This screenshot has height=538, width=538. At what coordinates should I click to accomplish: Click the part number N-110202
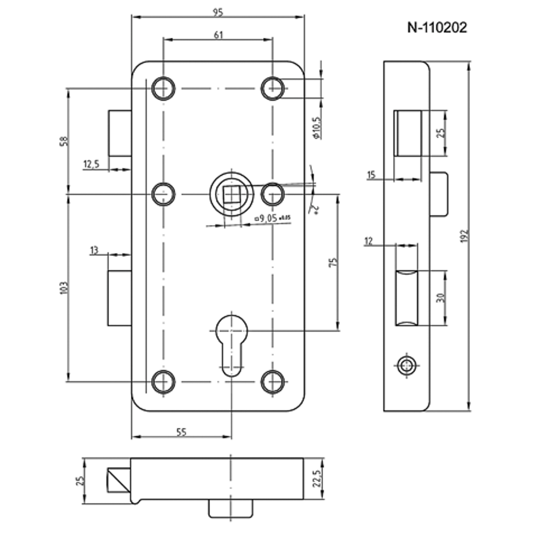[x=436, y=27]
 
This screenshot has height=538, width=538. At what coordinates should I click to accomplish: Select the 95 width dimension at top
[x=217, y=11]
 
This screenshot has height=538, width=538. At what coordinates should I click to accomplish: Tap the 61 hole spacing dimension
[x=218, y=35]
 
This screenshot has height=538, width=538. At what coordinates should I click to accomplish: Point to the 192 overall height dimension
[x=465, y=237]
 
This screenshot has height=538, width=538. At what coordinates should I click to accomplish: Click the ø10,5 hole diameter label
[x=316, y=128]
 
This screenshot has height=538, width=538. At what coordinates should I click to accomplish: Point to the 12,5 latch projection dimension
[x=91, y=164]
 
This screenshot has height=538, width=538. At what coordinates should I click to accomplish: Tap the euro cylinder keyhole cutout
[x=231, y=342]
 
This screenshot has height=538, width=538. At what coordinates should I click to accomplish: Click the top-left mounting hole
[x=163, y=88]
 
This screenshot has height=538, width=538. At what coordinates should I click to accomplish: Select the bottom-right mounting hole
[x=273, y=381]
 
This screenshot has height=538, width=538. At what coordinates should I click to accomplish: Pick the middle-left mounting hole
[x=163, y=194]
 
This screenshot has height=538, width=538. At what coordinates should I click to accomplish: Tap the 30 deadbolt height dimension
[x=440, y=298]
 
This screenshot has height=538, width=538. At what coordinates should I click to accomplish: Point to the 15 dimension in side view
[x=372, y=174]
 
